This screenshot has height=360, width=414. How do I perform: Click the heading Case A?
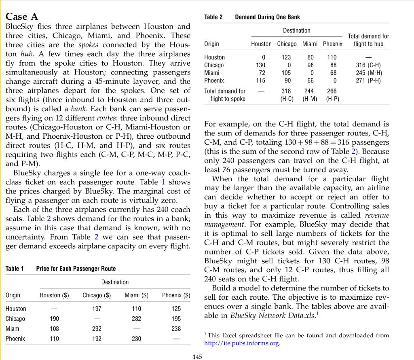(x=22, y=17)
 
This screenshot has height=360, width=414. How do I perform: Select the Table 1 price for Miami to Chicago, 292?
(x=97, y=329)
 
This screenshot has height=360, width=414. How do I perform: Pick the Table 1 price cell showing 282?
(x=136, y=319)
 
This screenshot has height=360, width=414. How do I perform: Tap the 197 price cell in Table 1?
(x=97, y=309)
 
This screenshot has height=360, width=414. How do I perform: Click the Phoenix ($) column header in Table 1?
(x=176, y=295)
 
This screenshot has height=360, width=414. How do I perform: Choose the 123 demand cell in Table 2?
(x=287, y=57)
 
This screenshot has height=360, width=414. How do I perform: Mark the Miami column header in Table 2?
(x=310, y=44)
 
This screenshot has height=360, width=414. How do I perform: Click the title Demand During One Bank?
(x=267, y=17)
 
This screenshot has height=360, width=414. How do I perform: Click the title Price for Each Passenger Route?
(x=76, y=269)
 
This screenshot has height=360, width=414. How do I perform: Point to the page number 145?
(x=198, y=356)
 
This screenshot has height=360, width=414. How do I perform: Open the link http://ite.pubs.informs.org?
(x=242, y=343)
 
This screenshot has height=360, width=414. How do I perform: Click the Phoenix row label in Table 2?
(x=214, y=80)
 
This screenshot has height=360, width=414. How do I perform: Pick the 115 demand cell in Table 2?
(x=261, y=80)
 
